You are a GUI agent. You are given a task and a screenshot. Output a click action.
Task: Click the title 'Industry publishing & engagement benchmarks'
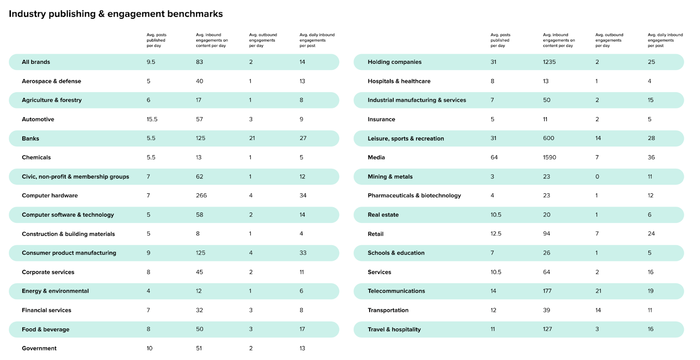click(115, 14)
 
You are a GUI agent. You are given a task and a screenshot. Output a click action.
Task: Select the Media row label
click(376, 157)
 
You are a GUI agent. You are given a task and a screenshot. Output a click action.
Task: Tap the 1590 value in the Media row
click(549, 157)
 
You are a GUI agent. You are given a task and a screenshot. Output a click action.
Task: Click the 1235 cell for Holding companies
click(549, 62)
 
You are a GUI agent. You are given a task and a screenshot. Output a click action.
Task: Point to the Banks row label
click(30, 138)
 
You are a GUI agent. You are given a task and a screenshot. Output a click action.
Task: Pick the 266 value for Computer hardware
click(201, 196)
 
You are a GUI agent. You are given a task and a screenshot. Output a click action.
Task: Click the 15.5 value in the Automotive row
click(152, 119)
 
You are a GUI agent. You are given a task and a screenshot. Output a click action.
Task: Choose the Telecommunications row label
click(396, 291)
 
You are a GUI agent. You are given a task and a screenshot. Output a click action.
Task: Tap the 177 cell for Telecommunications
click(547, 291)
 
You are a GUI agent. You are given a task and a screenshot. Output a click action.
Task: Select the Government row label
click(39, 348)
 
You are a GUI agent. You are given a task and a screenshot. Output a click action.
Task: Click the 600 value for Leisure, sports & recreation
click(549, 138)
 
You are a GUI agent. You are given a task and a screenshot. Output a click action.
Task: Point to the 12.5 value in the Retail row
click(496, 234)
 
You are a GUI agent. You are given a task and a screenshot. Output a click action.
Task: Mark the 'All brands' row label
click(36, 62)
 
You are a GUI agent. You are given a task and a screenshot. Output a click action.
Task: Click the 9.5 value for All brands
click(151, 62)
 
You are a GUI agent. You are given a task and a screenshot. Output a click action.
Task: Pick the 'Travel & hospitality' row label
click(394, 329)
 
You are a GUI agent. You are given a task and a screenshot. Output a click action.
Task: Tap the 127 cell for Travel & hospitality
click(547, 329)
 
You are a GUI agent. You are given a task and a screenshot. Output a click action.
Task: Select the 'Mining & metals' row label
click(390, 177)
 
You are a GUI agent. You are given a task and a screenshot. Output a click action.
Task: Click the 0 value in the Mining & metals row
click(597, 177)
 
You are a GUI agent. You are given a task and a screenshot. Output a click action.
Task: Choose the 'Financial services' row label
click(46, 310)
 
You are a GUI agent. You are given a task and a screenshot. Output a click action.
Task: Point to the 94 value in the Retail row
click(546, 234)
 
